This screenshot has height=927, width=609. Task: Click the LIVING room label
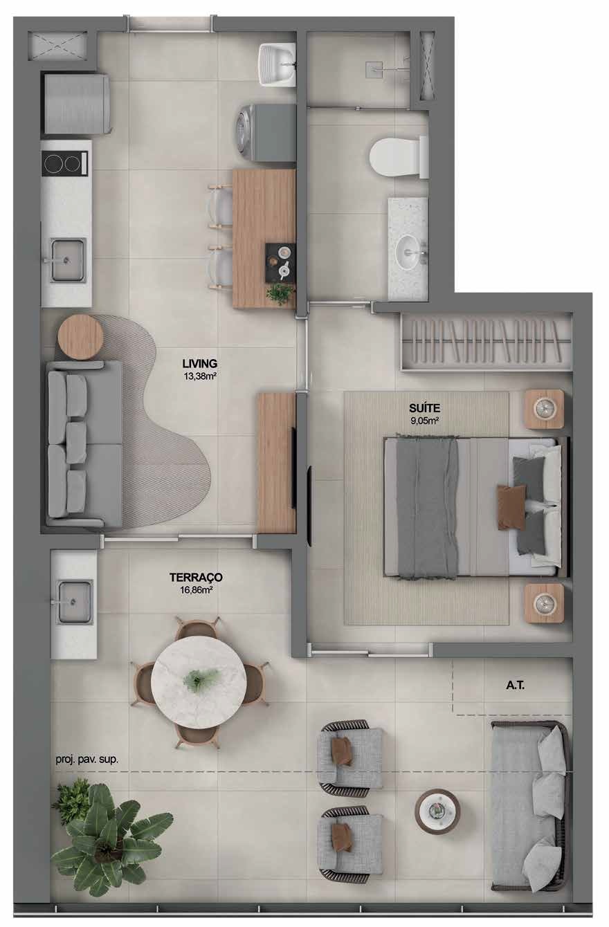coord(199,363)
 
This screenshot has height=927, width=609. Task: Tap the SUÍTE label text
coord(424,408)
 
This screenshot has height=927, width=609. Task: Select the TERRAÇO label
coord(196,577)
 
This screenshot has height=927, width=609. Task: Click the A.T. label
coord(515,686)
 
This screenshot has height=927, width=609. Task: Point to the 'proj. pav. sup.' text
coord(87,760)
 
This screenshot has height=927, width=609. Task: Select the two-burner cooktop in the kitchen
coord(65,163)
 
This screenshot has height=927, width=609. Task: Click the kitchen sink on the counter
coord(68,260)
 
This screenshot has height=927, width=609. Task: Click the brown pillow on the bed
coord(511,507)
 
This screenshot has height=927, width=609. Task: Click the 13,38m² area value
coord(199,376)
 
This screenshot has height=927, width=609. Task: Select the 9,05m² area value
coord(424,421)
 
